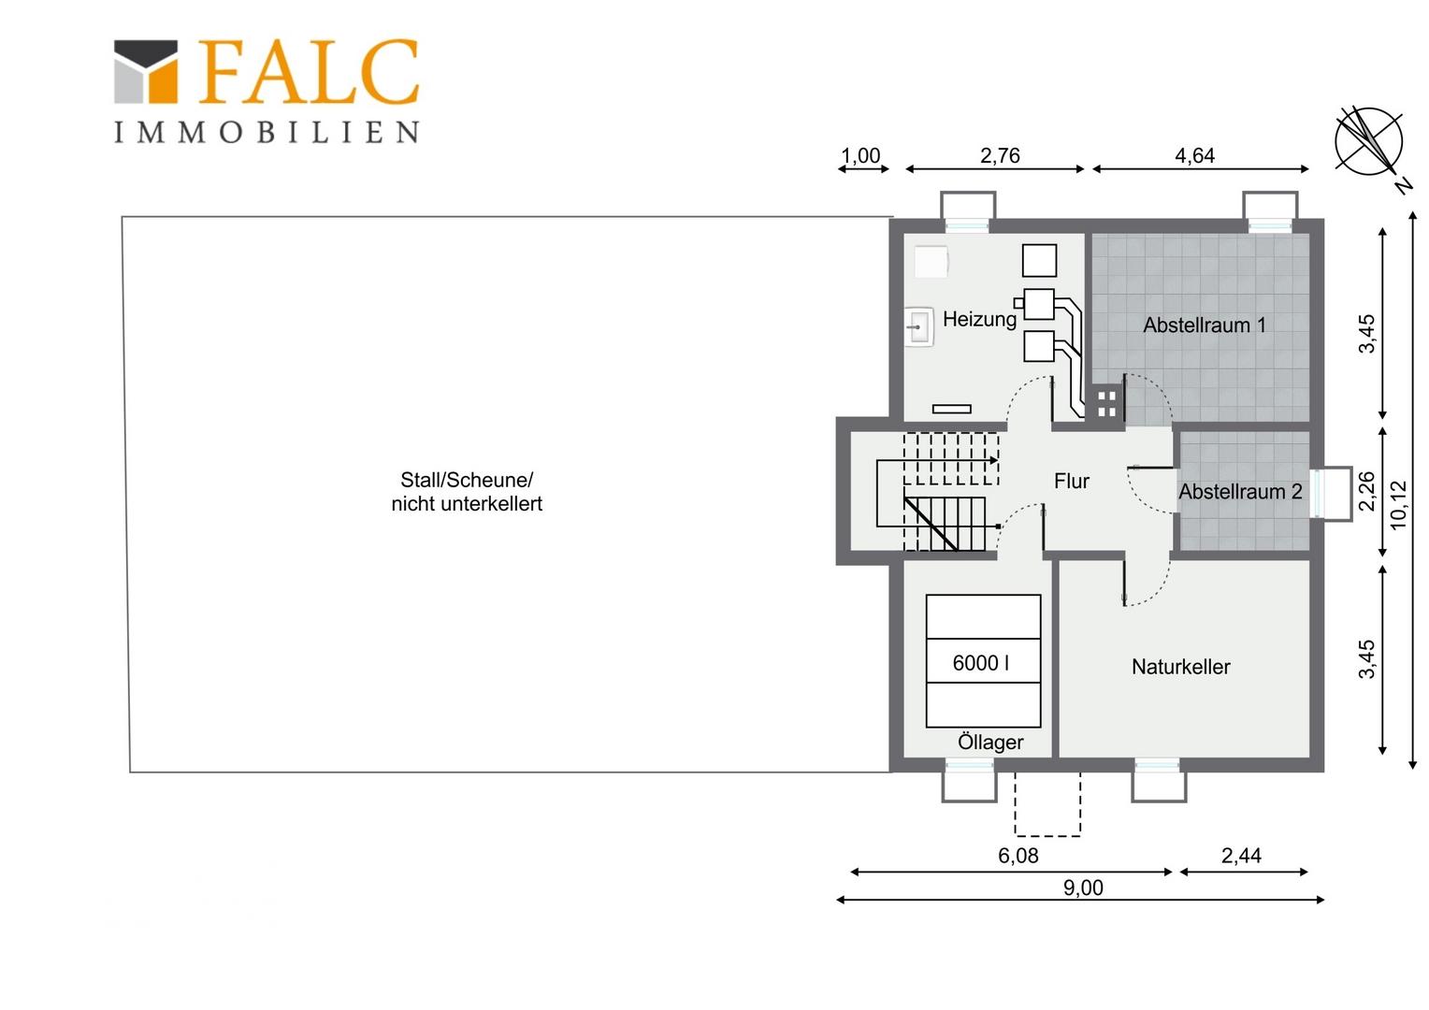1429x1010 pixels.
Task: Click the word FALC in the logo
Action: (x=309, y=71)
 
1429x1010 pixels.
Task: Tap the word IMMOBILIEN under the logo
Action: (x=267, y=132)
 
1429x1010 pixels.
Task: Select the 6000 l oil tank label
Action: (x=981, y=663)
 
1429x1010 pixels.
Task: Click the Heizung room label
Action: (x=980, y=319)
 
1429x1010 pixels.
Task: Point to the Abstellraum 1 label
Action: (x=1205, y=325)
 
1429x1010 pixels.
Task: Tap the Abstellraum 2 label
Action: (x=1240, y=491)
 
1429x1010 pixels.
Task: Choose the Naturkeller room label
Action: (x=1181, y=667)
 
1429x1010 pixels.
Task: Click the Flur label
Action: (x=1072, y=481)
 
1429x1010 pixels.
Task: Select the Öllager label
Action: (x=990, y=742)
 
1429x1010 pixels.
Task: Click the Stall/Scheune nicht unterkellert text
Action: (x=467, y=491)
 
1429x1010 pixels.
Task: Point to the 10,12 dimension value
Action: (x=1398, y=505)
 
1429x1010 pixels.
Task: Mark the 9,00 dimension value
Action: (x=1083, y=887)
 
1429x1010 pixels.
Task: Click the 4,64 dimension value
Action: (x=1195, y=155)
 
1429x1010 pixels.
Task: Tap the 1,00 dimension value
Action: (x=860, y=155)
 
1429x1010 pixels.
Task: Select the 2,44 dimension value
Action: (x=1241, y=856)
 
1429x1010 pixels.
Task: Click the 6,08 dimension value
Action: (x=1018, y=856)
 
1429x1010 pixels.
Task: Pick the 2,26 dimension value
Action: (x=1367, y=491)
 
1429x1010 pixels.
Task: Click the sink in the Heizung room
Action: (x=919, y=326)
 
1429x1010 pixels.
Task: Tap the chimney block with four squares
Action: (x=1107, y=404)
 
